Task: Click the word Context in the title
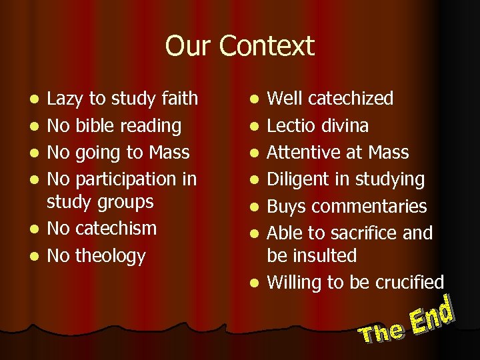coord(266,47)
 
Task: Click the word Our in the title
coord(188,47)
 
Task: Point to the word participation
coord(127,179)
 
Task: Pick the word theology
coord(111,255)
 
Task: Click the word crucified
coord(408,282)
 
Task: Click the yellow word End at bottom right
coord(433,315)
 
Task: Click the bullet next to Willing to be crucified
coord(253,283)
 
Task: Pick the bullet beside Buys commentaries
coord(253,207)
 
